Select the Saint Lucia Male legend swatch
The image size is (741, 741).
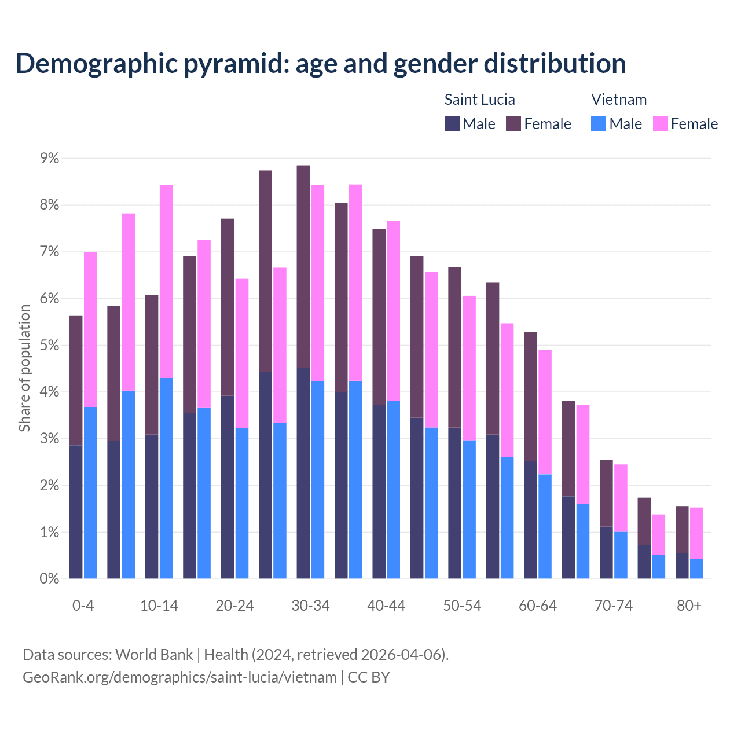point(452,123)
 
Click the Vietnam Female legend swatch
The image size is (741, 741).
point(660,123)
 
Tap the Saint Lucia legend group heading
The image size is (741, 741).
point(479,100)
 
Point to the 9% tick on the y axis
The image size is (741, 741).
point(49,158)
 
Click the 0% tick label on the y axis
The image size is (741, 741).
point(49,578)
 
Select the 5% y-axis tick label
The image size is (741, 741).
point(49,345)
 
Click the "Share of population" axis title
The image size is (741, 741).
point(24,368)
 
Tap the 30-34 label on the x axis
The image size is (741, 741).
point(310,606)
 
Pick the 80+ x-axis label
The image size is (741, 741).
point(689,606)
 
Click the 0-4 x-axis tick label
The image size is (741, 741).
point(83,606)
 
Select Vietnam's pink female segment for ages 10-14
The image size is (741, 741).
point(166,281)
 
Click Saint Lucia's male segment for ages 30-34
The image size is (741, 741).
point(303,473)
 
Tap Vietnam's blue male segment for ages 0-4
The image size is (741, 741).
point(90,493)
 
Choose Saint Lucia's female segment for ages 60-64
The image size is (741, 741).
point(530,397)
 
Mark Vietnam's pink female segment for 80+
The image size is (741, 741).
point(696,533)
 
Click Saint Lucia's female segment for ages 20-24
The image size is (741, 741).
point(228,307)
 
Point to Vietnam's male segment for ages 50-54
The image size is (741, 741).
point(469,509)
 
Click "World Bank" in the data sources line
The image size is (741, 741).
point(154,655)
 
